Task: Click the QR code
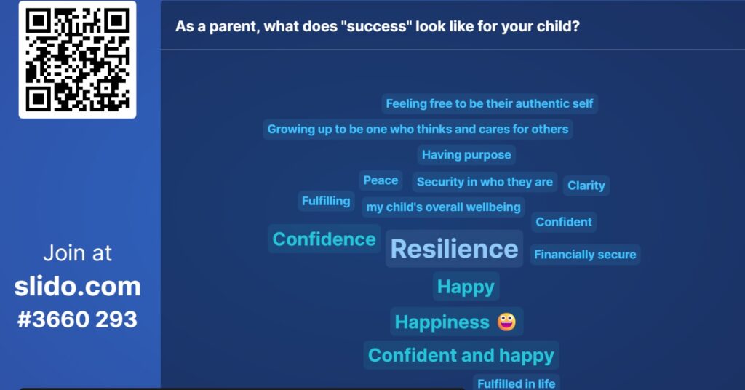pos(77,60)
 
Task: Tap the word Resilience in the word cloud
pos(454,249)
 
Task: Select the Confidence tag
pos(324,239)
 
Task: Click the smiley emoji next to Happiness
pos(506,322)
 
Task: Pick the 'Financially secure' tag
pos(585,255)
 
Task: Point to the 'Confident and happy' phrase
pos(461,355)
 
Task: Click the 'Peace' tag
pos(381,180)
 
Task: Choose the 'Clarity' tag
pos(586,186)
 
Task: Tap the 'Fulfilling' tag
pos(326,201)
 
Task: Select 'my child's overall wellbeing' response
pos(443,207)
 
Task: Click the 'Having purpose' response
pos(466,155)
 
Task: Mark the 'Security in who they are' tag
pos(485,182)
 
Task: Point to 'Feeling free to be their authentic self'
pos(490,103)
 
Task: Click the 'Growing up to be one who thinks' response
pos(418,130)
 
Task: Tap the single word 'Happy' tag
pos(466,287)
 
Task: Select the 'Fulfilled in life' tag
pos(516,383)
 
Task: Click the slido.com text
pos(77,287)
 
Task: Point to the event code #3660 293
pos(77,319)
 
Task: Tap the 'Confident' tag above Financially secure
pos(564,222)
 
